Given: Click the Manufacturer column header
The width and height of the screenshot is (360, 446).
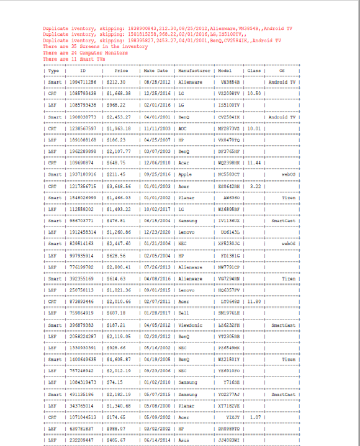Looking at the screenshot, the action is (x=194, y=71).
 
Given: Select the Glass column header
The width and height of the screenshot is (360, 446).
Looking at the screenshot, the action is (x=254, y=71).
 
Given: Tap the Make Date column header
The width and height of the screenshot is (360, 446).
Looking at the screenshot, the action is (x=156, y=71).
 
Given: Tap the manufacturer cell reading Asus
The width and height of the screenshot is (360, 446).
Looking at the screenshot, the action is (x=184, y=440).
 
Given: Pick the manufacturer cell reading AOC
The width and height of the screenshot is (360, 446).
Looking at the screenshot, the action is (x=183, y=128).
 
